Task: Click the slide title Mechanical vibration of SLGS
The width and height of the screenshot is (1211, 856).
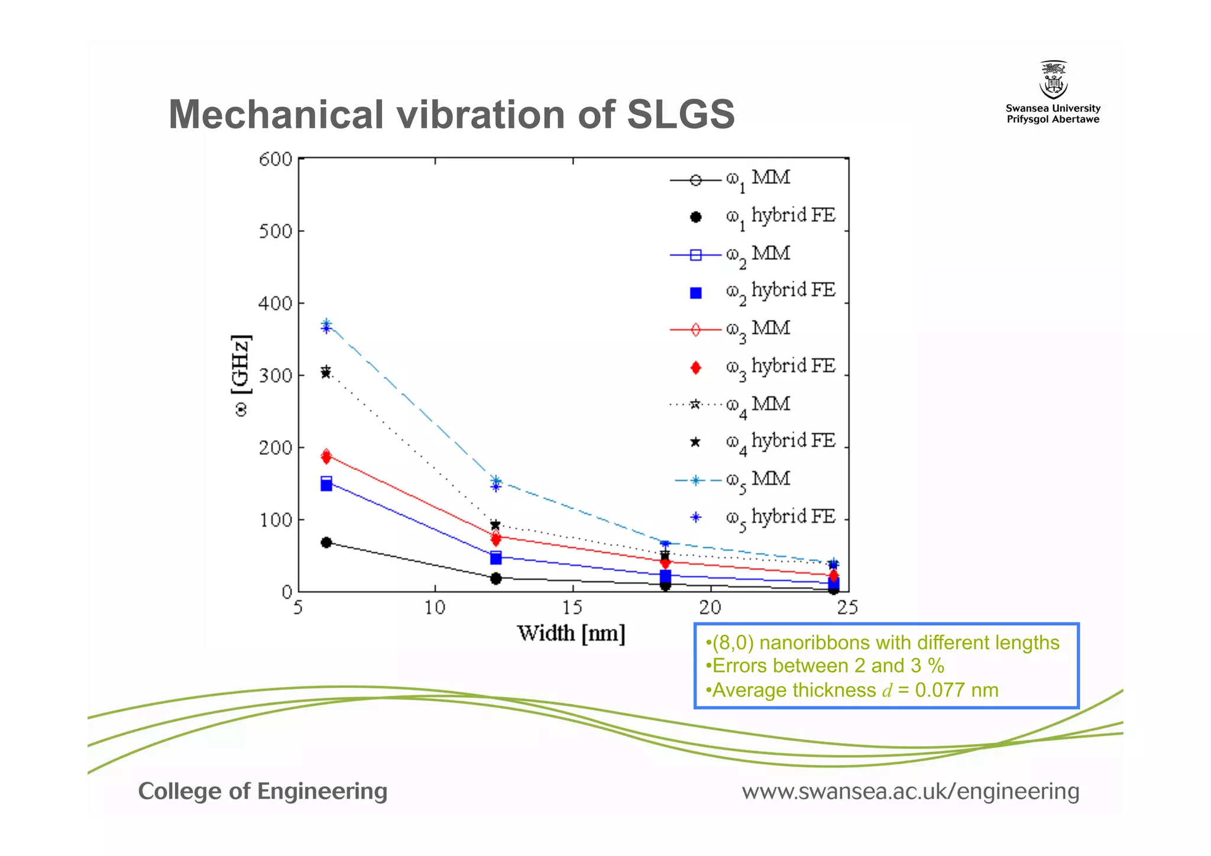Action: click(x=451, y=114)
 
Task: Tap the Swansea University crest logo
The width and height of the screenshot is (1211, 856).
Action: click(x=1053, y=80)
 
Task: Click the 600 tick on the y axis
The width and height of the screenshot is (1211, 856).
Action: click(x=276, y=159)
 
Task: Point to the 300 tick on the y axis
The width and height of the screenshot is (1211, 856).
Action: click(x=276, y=376)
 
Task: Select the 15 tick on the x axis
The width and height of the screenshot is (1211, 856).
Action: click(x=572, y=608)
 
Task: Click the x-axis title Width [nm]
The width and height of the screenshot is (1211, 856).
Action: click(x=571, y=634)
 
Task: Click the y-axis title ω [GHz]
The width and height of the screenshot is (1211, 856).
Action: click(x=241, y=376)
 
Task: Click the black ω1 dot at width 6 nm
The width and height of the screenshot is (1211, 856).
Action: click(x=326, y=542)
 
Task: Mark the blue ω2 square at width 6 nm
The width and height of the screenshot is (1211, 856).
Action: click(x=326, y=484)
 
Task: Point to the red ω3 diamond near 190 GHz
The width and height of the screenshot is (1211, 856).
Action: click(x=326, y=456)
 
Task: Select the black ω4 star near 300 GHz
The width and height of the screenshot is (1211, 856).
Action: click(x=326, y=372)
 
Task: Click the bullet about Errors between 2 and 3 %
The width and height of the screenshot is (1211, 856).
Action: click(x=825, y=666)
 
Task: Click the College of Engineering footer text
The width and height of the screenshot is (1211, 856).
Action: click(x=263, y=791)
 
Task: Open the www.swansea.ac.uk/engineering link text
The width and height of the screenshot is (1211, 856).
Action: click(x=911, y=791)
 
